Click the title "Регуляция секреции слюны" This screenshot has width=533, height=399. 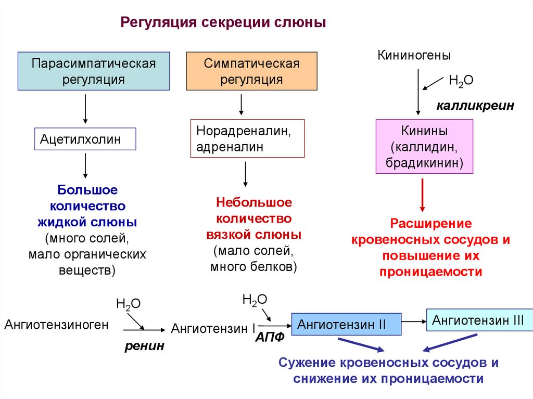click(223, 23)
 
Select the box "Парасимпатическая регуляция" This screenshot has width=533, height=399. click(94, 71)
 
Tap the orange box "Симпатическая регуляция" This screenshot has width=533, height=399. click(251, 71)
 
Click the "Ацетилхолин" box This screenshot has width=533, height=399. click(85, 139)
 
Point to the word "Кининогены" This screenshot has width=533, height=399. click(414, 55)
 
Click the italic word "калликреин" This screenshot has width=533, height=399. click(475, 106)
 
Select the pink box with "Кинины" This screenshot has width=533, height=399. click(424, 146)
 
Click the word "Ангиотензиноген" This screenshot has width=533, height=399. click(57, 325)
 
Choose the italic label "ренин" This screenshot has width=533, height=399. click(144, 345)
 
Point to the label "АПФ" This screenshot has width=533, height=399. click(270, 337)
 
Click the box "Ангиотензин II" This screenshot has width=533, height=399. click(346, 325)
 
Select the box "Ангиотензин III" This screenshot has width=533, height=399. click(479, 320)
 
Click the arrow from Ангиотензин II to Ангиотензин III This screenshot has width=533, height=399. click(414, 321)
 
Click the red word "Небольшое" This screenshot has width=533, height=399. click(254, 202)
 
